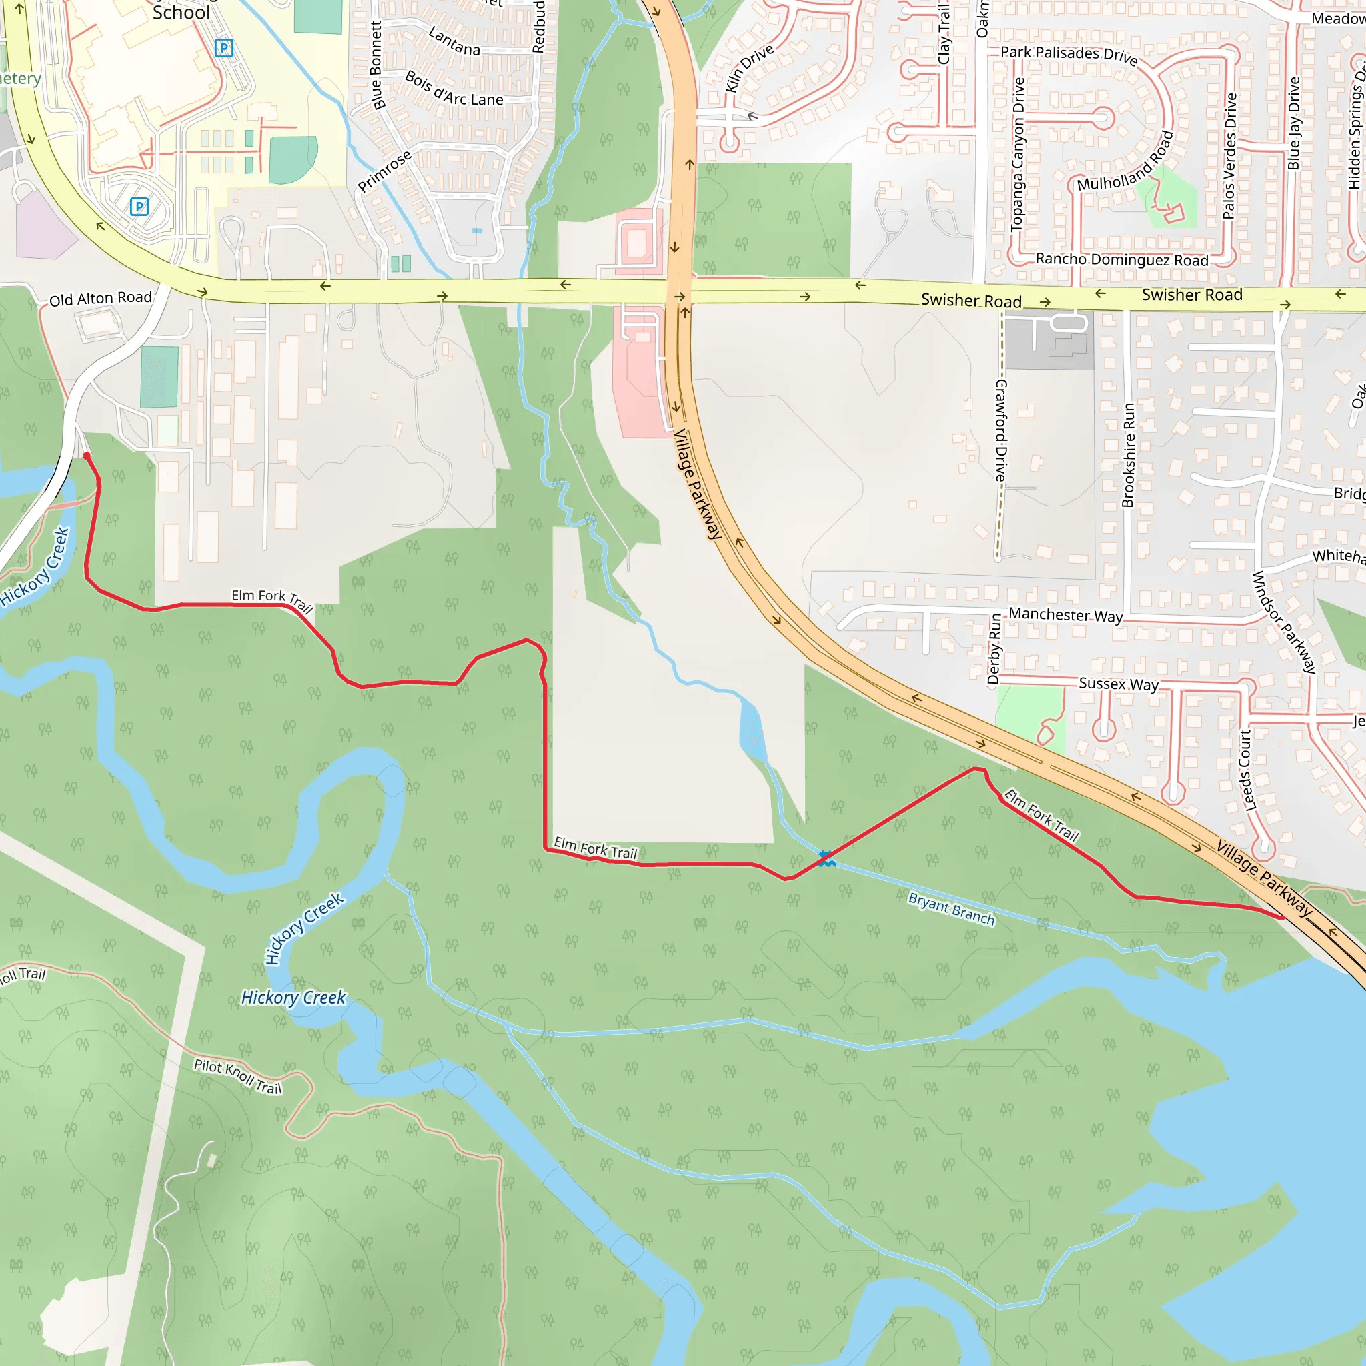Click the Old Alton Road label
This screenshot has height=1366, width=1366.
coord(101,298)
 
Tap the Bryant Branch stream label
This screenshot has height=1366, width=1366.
coord(951,908)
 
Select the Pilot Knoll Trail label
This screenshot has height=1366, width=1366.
coord(237,1076)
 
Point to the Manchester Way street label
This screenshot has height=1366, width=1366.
coord(1065,614)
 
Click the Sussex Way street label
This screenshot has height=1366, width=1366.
coord(1118,684)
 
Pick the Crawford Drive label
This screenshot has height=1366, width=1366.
coord(1001,431)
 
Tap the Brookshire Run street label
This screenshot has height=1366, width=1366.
coord(1129,455)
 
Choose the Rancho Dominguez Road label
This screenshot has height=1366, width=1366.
coord(1121,259)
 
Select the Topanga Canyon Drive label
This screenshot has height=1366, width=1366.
coord(1018,154)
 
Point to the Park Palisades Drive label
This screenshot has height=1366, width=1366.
coord(1069,55)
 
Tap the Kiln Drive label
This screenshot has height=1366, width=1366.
coord(750,68)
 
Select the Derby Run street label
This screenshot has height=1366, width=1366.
coord(994,649)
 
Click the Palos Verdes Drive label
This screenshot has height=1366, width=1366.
coord(1230,155)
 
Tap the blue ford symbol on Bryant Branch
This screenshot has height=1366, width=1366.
coord(826,859)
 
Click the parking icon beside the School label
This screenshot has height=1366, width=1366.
coord(224,48)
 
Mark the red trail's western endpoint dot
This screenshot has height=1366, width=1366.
coord(87,456)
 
